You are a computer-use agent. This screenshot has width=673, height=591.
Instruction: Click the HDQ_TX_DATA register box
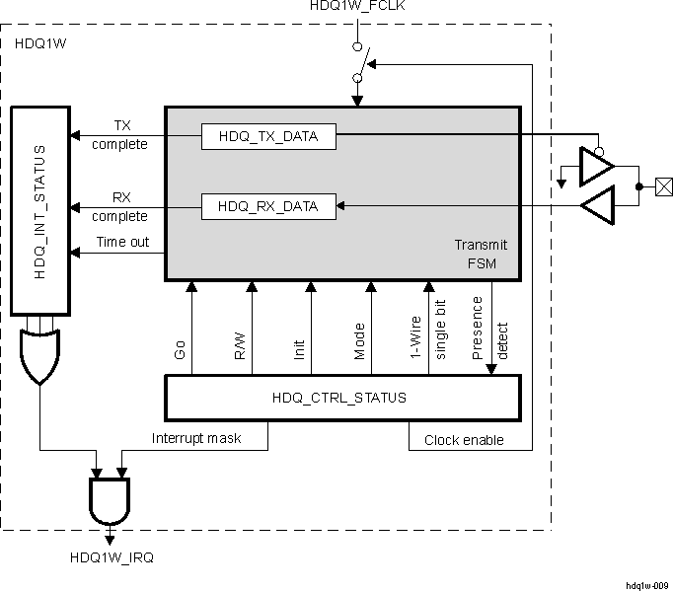point(268,136)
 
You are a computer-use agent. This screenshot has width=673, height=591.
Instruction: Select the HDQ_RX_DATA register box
point(268,206)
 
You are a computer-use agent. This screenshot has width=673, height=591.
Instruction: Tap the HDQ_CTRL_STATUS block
point(340,398)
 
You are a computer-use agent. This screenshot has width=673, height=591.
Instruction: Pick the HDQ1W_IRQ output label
point(112,557)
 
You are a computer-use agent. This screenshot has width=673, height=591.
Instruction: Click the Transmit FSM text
point(473,254)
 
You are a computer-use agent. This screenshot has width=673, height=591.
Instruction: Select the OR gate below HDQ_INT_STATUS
point(39,356)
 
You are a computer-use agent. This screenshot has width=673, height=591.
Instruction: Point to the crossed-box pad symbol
point(664,185)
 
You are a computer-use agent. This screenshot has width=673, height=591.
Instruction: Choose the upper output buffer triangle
point(596,165)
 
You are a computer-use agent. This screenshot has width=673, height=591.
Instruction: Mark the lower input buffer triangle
point(598,206)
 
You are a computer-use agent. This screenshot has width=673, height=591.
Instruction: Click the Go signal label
point(180,348)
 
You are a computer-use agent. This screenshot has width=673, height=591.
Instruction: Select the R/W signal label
point(240,346)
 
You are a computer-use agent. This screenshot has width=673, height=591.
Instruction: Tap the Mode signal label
point(359,340)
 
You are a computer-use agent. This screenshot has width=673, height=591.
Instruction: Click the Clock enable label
point(464,440)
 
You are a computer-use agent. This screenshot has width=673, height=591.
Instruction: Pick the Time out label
point(123,242)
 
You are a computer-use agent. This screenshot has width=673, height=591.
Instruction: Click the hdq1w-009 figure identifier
point(646,584)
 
